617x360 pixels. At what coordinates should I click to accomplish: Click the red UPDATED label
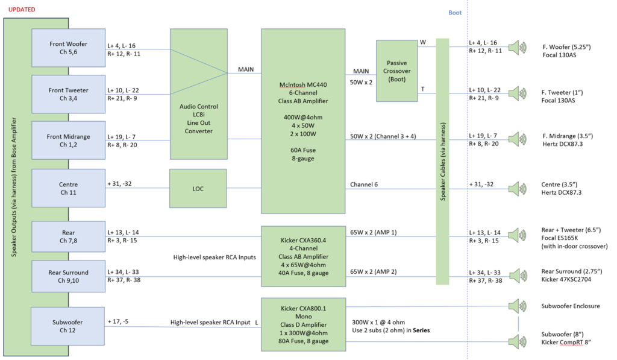pyautogui.click(x=20, y=10)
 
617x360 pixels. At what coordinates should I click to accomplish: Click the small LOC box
pyautogui.click(x=198, y=188)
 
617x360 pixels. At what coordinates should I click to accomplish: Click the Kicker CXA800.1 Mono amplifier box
pyautogui.click(x=302, y=324)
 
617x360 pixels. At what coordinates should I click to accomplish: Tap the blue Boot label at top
pyautogui.click(x=456, y=13)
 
